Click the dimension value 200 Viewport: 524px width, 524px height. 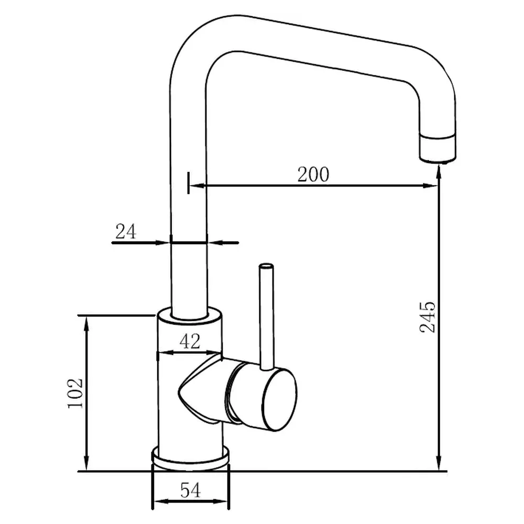pyautogui.click(x=313, y=174)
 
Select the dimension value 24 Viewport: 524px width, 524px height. pyautogui.click(x=126, y=231)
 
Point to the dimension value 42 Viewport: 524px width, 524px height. pyautogui.click(x=190, y=342)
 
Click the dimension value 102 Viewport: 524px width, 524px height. pyautogui.click(x=75, y=393)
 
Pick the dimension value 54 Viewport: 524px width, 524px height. pyautogui.click(x=190, y=490)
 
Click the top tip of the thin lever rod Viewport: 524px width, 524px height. pyautogui.click(x=267, y=266)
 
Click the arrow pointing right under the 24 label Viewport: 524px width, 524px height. pyautogui.click(x=165, y=243)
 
